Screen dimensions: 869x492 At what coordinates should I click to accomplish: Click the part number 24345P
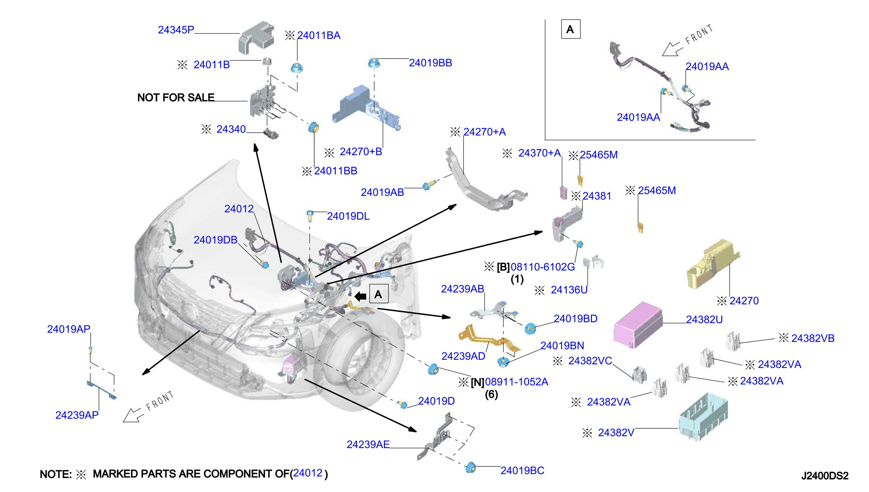pyautogui.click(x=176, y=30)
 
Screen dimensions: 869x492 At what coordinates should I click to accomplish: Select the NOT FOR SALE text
pyautogui.click(x=176, y=98)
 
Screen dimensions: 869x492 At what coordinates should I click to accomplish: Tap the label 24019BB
pyautogui.click(x=430, y=63)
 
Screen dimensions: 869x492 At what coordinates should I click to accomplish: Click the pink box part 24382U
pyautogui.click(x=638, y=325)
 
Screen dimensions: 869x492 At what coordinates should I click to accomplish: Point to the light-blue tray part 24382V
pyautogui.click(x=703, y=417)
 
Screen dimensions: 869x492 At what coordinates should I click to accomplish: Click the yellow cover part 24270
pyautogui.click(x=713, y=264)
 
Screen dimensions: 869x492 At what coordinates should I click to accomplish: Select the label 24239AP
pyautogui.click(x=77, y=415)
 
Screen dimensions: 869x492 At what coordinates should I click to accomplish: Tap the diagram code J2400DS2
pyautogui.click(x=825, y=476)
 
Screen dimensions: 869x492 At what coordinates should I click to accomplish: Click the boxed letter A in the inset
pyautogui.click(x=570, y=30)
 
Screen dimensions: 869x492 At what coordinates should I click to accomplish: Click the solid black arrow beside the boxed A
pyautogui.click(x=360, y=296)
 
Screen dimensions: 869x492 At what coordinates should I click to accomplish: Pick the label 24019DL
pyautogui.click(x=348, y=216)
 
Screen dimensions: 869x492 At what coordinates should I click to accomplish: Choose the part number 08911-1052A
pyautogui.click(x=516, y=382)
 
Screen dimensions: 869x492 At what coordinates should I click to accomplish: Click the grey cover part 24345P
pyautogui.click(x=256, y=38)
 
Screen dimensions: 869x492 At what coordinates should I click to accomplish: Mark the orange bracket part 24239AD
pyautogui.click(x=488, y=339)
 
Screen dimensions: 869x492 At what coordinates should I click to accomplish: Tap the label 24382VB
pyautogui.click(x=813, y=338)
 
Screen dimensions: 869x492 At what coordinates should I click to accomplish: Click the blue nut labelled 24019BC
pyautogui.click(x=471, y=467)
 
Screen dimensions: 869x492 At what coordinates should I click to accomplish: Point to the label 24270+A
pyautogui.click(x=484, y=132)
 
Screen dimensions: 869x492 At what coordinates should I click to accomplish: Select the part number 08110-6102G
pyautogui.click(x=543, y=267)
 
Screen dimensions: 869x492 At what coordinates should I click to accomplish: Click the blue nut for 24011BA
pyautogui.click(x=297, y=67)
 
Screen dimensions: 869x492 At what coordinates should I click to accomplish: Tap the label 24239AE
pyautogui.click(x=368, y=444)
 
